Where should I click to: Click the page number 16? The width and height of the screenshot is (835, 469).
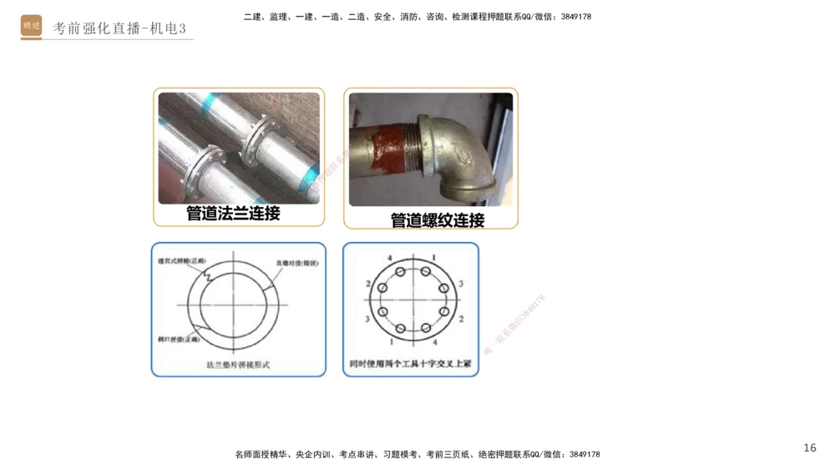tap(809, 448)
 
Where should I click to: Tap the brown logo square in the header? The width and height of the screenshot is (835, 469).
tap(32, 26)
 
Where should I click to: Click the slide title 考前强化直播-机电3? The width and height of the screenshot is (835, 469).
tap(119, 28)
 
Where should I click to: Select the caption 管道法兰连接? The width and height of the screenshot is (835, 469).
tap(233, 214)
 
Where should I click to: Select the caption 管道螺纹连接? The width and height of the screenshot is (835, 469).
tap(437, 221)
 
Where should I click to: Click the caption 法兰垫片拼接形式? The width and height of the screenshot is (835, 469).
tap(238, 365)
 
